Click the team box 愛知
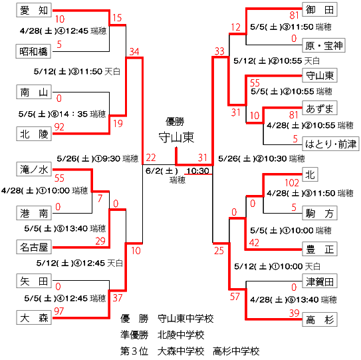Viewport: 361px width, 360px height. [x=34, y=10]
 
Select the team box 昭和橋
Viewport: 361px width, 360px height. [x=33, y=51]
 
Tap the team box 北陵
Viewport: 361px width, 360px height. [x=34, y=134]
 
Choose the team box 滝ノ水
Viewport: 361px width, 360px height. [x=34, y=170]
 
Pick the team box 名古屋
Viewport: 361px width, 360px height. [x=34, y=247]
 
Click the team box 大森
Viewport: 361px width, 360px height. [x=34, y=317]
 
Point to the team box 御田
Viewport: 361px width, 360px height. [x=320, y=9]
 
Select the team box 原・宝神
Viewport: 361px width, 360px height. [x=324, y=45]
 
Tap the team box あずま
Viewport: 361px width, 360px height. [x=320, y=108]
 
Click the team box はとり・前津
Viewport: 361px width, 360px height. [x=330, y=144]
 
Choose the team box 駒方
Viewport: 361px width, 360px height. [x=320, y=213]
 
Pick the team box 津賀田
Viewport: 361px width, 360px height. [x=320, y=281]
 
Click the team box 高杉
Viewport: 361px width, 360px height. [x=320, y=319]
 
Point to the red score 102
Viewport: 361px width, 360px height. [x=292, y=183]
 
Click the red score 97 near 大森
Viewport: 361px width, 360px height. [x=59, y=311]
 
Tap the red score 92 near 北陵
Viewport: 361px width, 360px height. [x=59, y=127]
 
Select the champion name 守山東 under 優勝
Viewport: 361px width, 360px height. [x=176, y=137]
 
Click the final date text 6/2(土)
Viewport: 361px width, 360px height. [x=162, y=171]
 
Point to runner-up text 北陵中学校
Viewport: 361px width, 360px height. [x=181, y=335]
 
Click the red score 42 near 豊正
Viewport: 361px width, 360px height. [x=254, y=243]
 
